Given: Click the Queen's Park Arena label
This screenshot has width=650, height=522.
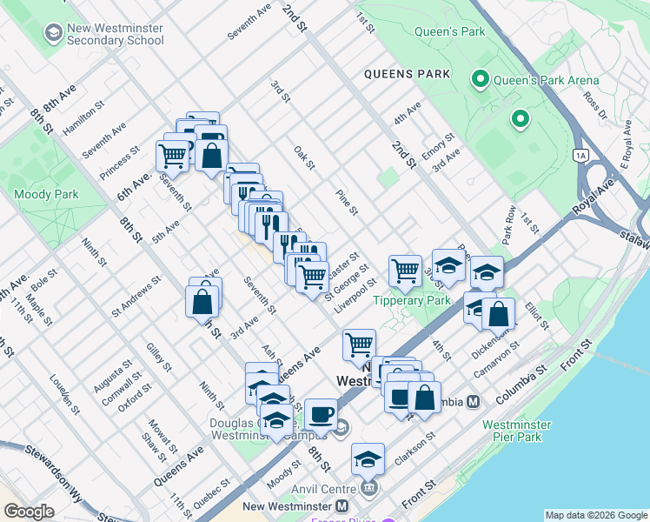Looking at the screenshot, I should [546, 81].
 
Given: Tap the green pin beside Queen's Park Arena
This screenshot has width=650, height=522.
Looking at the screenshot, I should [479, 80].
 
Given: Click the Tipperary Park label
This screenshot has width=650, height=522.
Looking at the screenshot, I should [412, 301].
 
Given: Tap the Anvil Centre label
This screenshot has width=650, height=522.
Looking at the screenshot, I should [324, 489].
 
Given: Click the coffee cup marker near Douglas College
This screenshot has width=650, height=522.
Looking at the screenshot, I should [321, 414].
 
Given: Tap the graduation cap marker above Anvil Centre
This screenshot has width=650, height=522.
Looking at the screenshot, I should [368, 458].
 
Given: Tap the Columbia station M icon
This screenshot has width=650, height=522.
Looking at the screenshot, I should [474, 402].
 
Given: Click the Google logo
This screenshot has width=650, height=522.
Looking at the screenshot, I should [28, 512].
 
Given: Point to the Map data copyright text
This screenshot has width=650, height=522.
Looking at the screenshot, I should [595, 515].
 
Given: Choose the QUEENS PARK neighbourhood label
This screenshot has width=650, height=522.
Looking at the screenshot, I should [408, 74].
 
